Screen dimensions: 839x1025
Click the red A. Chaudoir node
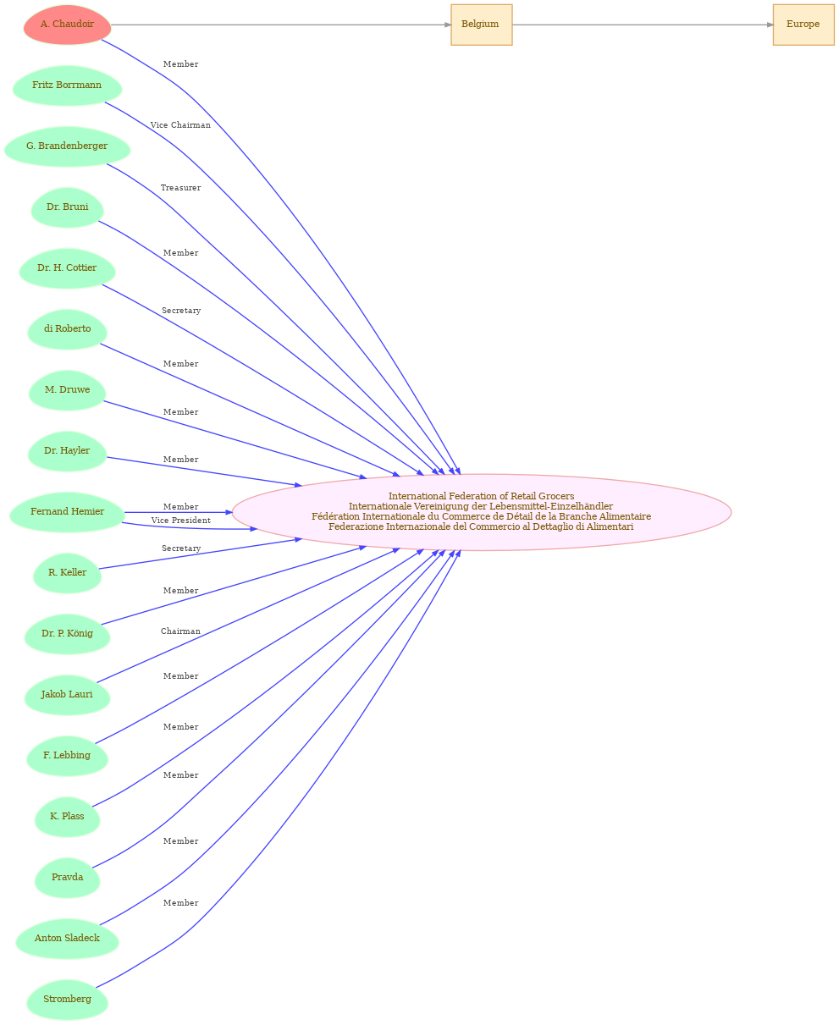tap(67, 25)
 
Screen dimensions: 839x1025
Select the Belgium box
tap(481, 25)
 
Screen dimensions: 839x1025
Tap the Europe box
tap(803, 25)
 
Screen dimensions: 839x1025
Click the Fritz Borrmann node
tap(67, 85)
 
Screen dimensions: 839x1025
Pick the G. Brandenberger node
tap(67, 146)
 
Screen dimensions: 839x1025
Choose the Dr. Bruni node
tap(67, 207)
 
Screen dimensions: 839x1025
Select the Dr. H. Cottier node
tap(67, 268)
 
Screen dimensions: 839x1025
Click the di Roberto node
tap(67, 329)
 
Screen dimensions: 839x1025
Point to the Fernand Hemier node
tap(67, 512)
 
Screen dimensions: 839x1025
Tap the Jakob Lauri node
tap(67, 695)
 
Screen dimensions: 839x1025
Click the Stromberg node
tap(67, 1000)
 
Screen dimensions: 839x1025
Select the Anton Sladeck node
tap(67, 939)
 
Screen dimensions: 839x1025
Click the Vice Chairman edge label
tap(180, 125)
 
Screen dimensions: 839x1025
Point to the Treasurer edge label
tap(180, 188)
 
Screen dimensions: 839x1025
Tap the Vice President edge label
tap(181, 520)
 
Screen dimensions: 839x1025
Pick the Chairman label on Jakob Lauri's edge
tap(180, 631)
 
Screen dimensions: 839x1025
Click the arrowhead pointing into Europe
tap(770, 25)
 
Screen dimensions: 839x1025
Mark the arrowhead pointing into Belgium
tap(448, 25)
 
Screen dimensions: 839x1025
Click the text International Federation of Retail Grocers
tap(481, 496)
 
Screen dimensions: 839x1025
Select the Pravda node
tap(67, 878)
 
